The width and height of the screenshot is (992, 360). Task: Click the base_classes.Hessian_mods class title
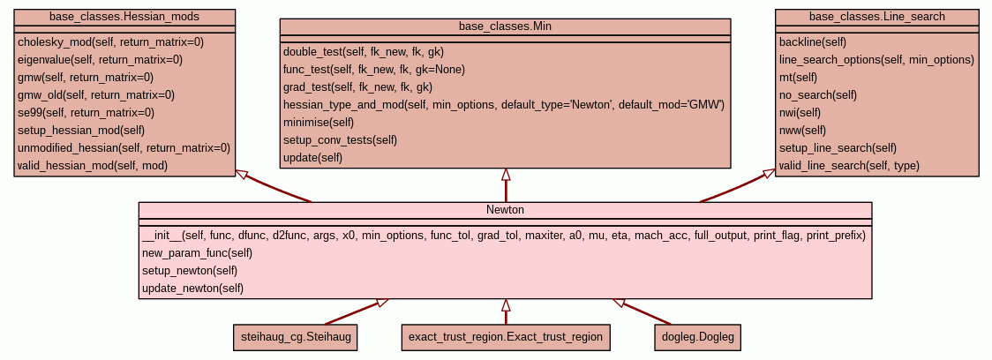click(x=124, y=17)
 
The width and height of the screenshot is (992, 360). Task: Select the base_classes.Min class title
click(x=506, y=26)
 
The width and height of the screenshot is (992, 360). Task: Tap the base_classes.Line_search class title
click(x=877, y=17)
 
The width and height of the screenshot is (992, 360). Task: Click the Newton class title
click(x=505, y=210)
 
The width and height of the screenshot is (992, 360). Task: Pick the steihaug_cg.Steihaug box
click(x=296, y=337)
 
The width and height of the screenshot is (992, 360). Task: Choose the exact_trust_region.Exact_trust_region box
click(x=505, y=337)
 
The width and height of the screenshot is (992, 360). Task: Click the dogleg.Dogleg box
click(x=696, y=337)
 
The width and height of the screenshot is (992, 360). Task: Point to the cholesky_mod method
click(x=110, y=41)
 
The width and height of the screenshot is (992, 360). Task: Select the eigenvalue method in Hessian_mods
click(x=100, y=59)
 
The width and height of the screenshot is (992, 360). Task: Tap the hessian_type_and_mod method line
click(x=503, y=105)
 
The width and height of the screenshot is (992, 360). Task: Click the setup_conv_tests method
click(x=340, y=140)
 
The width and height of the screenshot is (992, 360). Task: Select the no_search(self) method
click(x=818, y=94)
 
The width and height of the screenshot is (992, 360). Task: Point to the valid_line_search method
click(x=849, y=165)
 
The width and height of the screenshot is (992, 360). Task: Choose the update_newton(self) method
click(x=192, y=289)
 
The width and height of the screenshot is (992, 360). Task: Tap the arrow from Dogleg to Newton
click(x=642, y=311)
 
